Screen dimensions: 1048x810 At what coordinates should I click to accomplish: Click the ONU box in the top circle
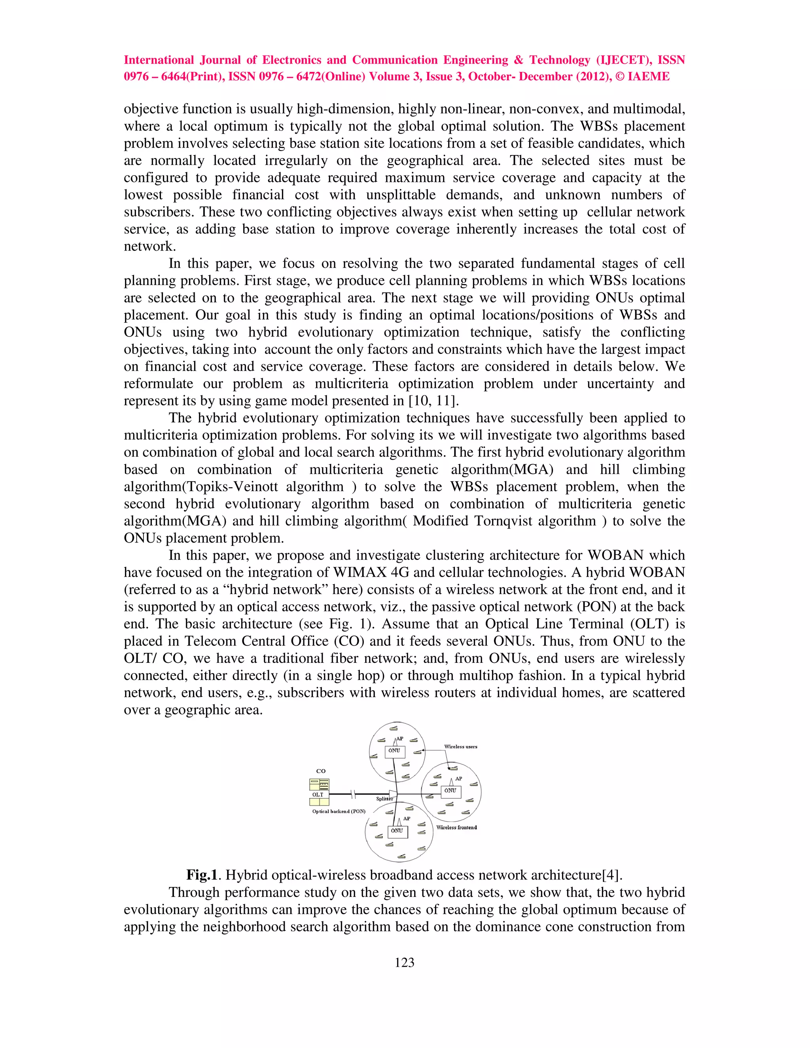click(394, 751)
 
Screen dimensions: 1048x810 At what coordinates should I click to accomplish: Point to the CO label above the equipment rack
click(320, 771)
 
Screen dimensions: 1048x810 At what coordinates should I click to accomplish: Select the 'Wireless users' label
click(461, 747)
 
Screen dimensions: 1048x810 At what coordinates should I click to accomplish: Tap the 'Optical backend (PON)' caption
click(339, 812)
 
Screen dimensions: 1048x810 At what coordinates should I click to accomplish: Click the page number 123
click(405, 962)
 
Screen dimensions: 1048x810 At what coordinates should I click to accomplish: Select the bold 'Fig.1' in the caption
click(202, 875)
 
